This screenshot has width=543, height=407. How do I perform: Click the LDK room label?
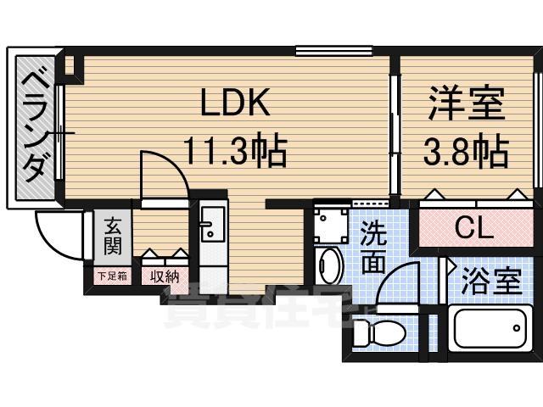pos(234,104)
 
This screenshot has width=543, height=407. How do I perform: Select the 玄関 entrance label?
pos(111,237)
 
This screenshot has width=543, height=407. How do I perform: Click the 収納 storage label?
pos(165,276)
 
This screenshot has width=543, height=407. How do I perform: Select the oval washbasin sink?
pos(327,265)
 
